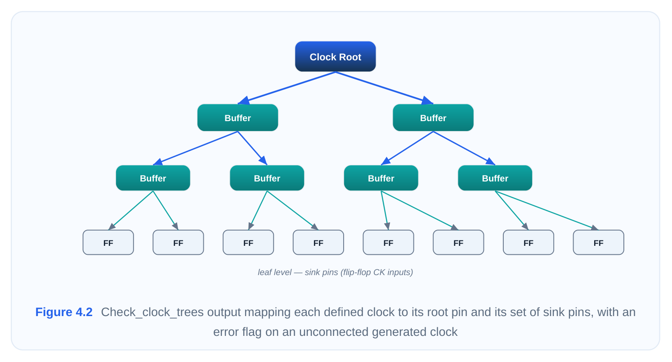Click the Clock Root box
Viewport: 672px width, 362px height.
coord(336,56)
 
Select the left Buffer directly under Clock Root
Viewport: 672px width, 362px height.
coord(237,118)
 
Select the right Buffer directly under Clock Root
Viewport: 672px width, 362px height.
coord(433,118)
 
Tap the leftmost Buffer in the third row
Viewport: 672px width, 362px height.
coord(153,178)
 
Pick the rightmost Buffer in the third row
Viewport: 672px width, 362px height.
coord(495,178)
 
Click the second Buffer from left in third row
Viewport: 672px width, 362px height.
coord(267,178)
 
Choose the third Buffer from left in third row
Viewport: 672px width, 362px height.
coord(381,178)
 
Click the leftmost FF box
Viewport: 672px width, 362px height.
coord(108,242)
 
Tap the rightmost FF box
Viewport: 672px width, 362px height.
coord(599,242)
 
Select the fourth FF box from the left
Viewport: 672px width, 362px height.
coord(318,242)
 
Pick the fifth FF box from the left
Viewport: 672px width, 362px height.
coord(389,242)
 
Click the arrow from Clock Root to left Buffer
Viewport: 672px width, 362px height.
coord(287,88)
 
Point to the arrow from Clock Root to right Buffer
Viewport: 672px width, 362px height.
coord(384,88)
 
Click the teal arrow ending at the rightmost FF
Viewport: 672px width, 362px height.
coord(547,211)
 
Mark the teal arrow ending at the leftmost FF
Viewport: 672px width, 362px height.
coord(130,211)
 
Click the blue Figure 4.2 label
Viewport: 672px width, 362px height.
coord(64,312)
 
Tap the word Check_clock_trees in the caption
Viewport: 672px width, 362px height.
coord(152,312)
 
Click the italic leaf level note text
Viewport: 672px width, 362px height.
coord(336,272)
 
